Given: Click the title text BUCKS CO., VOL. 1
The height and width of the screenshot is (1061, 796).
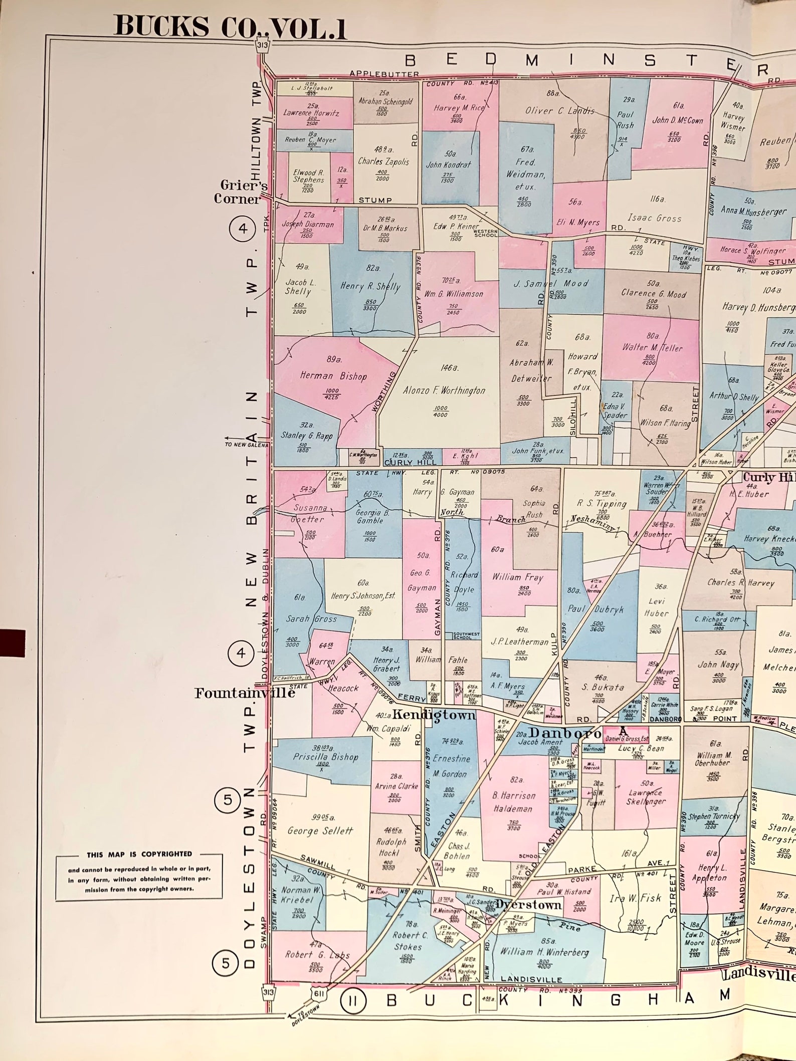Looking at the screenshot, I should tap(230, 27).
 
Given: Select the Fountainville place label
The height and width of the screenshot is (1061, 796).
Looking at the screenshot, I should tap(245, 693).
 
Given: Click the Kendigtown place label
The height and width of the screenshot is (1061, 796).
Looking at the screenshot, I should tap(434, 714).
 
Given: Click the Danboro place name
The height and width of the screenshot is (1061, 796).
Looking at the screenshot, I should tap(565, 733).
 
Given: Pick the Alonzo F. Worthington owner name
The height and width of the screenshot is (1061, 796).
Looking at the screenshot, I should tap(444, 390).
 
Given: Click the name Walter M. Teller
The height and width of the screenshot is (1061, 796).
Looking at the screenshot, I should tap(652, 347).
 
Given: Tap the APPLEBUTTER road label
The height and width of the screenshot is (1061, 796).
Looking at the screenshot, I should tap(384, 74).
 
